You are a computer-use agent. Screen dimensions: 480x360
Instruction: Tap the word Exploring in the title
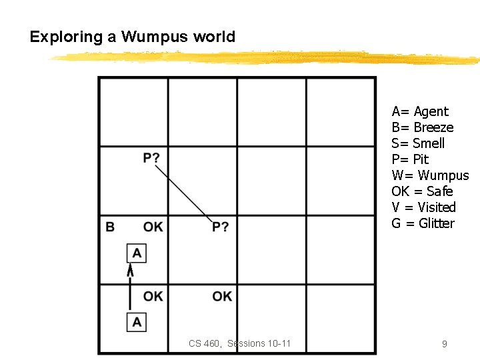click(67, 37)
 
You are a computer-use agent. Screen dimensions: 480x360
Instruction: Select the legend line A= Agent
click(420, 111)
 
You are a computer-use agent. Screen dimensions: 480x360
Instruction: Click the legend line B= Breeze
click(423, 127)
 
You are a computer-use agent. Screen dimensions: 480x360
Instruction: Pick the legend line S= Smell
click(418, 143)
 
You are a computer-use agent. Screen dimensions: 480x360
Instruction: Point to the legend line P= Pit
click(410, 159)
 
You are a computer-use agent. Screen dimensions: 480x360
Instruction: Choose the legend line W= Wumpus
click(430, 175)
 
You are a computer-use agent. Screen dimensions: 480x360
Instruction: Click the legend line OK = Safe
click(422, 191)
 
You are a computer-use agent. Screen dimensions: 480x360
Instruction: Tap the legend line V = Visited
click(423, 207)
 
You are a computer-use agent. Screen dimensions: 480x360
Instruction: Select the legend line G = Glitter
click(423, 223)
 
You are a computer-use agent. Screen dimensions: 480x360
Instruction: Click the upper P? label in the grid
click(151, 158)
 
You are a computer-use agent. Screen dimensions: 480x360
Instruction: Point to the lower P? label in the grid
click(221, 227)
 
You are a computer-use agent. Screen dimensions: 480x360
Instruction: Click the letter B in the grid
click(110, 227)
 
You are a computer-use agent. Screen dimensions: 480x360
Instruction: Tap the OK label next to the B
click(153, 227)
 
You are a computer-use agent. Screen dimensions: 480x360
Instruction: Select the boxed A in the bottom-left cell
click(137, 322)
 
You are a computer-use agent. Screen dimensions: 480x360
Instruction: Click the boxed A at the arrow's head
click(137, 253)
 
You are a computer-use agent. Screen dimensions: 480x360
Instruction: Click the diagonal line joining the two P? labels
click(185, 193)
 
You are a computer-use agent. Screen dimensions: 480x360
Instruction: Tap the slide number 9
click(444, 344)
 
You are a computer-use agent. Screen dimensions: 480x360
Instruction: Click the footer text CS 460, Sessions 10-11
click(239, 344)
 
